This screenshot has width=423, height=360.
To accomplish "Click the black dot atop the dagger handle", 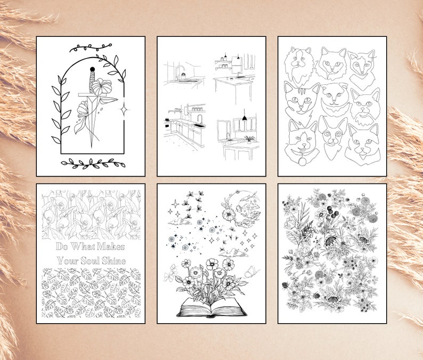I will [91, 69].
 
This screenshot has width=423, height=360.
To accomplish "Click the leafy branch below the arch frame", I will [90, 163].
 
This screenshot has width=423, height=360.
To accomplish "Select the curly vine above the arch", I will [91, 48].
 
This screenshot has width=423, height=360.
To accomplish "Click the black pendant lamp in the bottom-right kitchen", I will [245, 117].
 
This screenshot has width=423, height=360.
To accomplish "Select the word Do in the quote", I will [62, 246].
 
